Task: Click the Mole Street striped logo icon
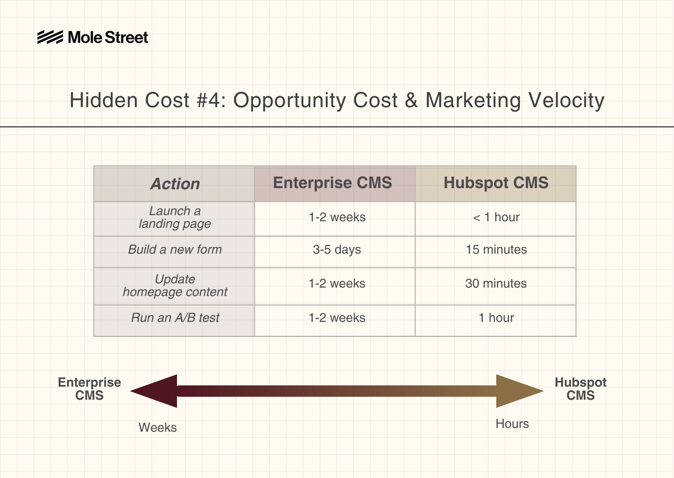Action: pos(50,37)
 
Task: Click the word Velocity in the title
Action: pos(566,101)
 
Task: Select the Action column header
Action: pos(175,184)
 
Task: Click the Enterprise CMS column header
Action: pos(332,183)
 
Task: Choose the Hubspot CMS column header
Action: pos(496,183)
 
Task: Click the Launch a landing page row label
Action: pos(175,217)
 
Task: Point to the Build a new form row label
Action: pos(175,249)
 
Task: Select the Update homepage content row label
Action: pos(175,286)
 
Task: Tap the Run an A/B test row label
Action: pos(175,318)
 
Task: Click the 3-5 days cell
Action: pos(337,250)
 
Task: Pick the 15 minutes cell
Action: pos(496,249)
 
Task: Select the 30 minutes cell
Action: pos(496,283)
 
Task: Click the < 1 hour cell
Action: pos(496,217)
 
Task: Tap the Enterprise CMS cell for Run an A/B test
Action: pos(337,318)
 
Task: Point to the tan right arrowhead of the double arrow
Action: pos(519,391)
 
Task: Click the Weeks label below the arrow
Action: pos(158,428)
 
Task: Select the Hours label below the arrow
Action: pos(512,424)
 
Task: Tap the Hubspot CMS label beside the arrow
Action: pos(580,389)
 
